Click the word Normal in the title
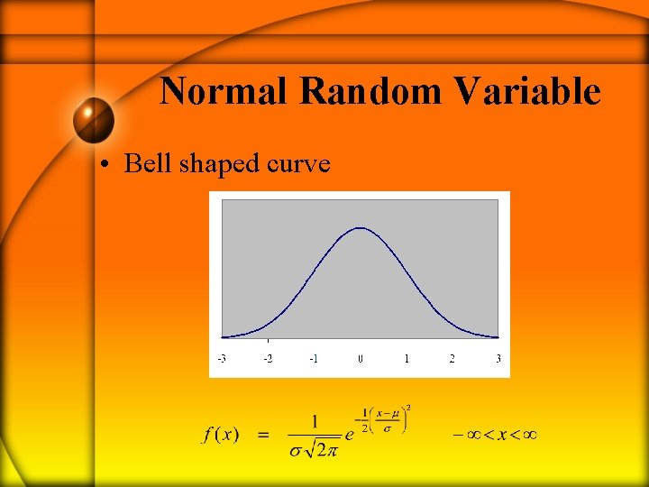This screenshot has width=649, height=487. click(x=225, y=92)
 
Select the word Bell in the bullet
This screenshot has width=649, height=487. click(x=149, y=163)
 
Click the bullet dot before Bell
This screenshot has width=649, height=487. click(x=105, y=165)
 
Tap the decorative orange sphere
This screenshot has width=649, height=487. click(x=94, y=120)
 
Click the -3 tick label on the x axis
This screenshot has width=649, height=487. click(x=222, y=359)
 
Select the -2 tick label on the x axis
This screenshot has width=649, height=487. click(x=268, y=359)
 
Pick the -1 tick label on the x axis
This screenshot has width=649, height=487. click(x=314, y=359)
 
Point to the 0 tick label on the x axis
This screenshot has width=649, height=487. click(x=361, y=359)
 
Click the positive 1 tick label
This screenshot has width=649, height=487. click(x=407, y=359)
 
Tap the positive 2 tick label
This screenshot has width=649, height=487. click(x=452, y=359)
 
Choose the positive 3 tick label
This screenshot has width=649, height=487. click(x=498, y=359)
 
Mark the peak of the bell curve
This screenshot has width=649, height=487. click(x=360, y=228)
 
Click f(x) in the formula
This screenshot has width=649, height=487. click(x=221, y=435)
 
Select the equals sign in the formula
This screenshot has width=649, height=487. click(x=263, y=435)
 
